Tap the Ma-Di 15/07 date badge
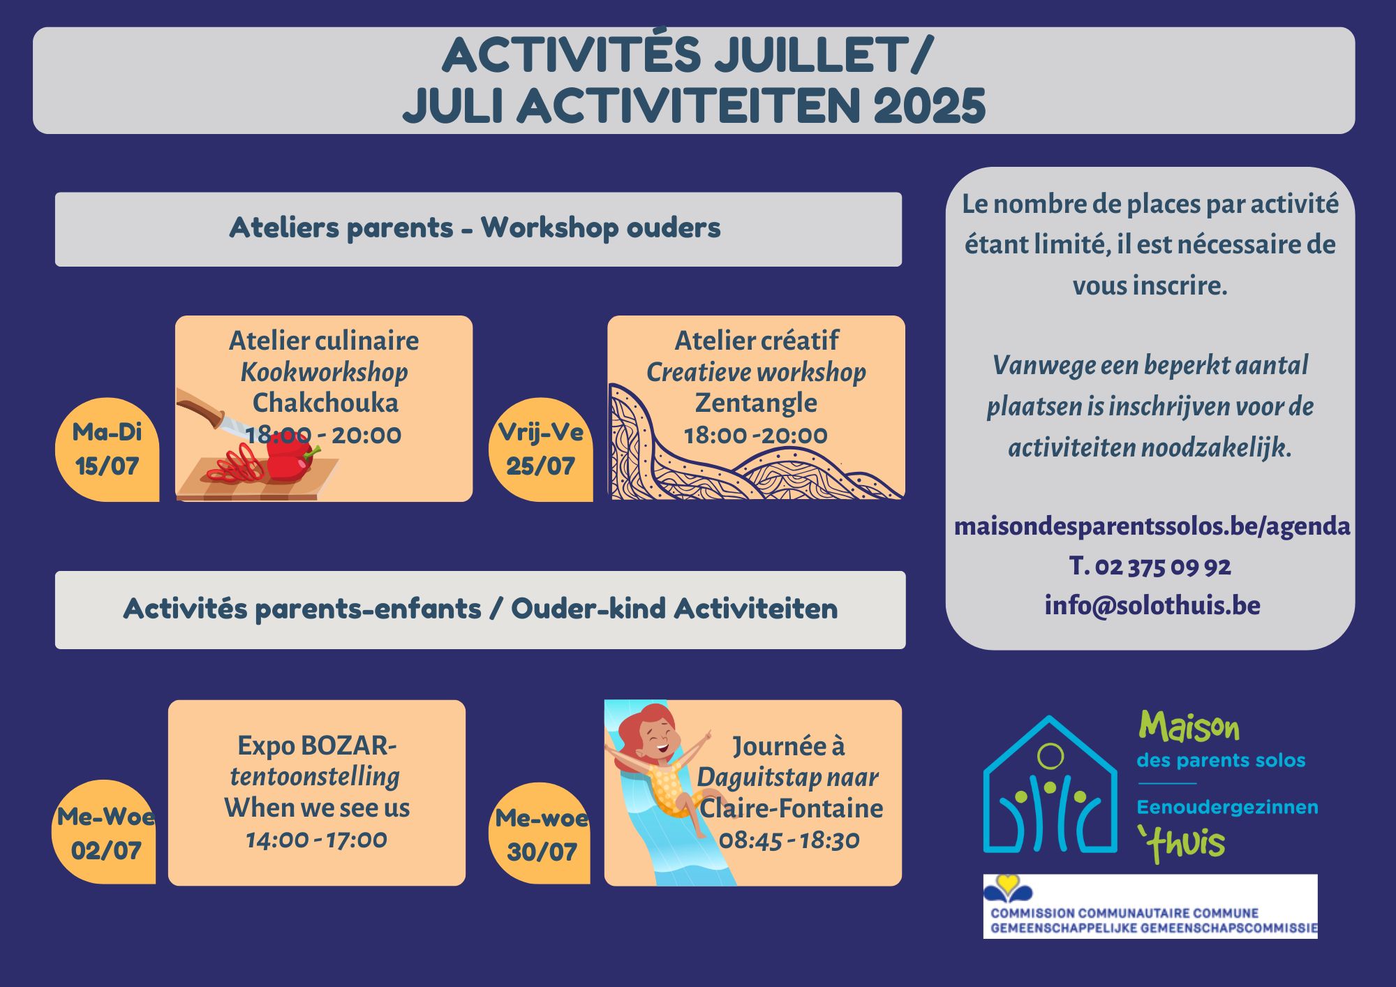point(107,450)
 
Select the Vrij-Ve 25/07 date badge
point(541,450)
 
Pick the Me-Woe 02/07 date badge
point(105,832)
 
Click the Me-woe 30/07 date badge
point(540,833)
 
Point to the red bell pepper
point(289,458)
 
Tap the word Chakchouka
point(325,403)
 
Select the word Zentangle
point(756,403)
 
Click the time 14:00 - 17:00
point(316,840)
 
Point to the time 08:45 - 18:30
point(789,840)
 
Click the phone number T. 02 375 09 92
point(1150,566)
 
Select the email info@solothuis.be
point(1152,605)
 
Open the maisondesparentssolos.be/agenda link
point(1152,526)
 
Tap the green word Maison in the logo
point(1189,728)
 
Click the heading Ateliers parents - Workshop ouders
point(475,228)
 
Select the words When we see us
point(317,808)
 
